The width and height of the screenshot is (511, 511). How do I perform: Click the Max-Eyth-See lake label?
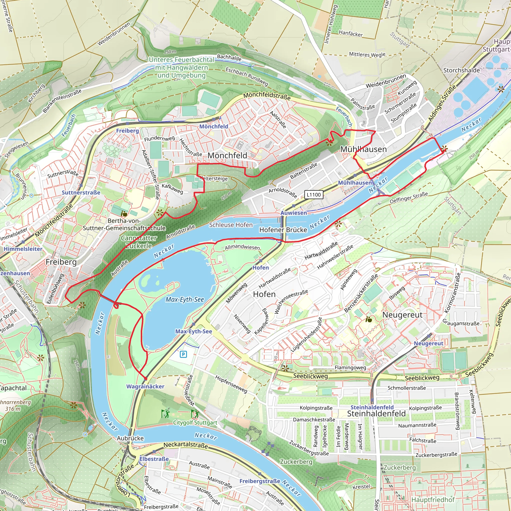(185, 299)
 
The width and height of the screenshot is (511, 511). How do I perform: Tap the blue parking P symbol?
(183, 354)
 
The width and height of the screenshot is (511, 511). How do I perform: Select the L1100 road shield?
(313, 195)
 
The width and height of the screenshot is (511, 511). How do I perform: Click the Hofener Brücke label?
(283, 230)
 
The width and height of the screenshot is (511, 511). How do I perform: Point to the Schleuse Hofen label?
(231, 225)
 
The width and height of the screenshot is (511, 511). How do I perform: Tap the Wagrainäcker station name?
(145, 386)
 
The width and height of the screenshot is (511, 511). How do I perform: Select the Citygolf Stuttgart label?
(195, 423)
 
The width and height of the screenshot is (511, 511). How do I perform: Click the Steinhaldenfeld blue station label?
(372, 407)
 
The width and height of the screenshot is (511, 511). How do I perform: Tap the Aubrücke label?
(130, 438)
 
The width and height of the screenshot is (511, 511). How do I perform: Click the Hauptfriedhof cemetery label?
(433, 500)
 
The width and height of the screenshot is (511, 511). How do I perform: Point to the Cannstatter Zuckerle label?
(139, 242)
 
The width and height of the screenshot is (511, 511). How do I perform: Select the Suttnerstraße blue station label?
(81, 193)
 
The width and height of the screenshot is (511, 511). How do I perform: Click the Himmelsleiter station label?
(23, 249)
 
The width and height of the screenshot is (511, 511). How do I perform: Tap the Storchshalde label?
(461, 70)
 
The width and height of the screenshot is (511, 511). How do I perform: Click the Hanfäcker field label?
(351, 33)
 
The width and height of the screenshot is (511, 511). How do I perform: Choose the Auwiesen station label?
(294, 213)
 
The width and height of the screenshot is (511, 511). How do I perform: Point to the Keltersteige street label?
(214, 179)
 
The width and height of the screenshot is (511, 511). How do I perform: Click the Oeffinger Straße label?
(409, 198)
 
